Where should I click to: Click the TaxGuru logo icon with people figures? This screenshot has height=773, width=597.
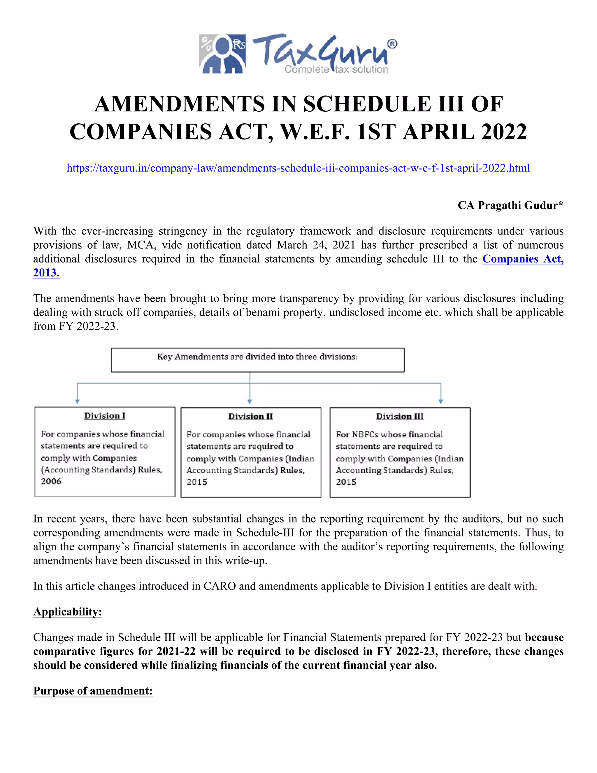tap(222, 54)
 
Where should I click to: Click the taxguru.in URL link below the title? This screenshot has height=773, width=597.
tap(298, 168)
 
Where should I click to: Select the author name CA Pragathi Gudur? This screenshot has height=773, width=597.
tap(510, 205)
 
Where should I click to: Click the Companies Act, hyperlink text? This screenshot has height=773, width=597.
tap(523, 259)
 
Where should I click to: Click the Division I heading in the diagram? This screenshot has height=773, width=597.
tap(105, 416)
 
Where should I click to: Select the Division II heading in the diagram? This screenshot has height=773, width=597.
tap(250, 416)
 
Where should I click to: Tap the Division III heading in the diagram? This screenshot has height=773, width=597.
tap(400, 416)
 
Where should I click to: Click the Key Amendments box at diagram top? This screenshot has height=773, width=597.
tap(258, 360)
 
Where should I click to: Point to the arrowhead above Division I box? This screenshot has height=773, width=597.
tap(78, 401)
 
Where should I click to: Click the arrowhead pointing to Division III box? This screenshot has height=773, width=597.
tap(441, 401)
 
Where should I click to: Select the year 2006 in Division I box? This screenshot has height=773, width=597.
tap(51, 481)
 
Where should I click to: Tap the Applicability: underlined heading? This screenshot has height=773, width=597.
tap(68, 612)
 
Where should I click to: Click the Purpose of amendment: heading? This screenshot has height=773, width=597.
tap(93, 690)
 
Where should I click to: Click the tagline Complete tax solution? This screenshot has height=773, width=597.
tap(336, 69)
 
